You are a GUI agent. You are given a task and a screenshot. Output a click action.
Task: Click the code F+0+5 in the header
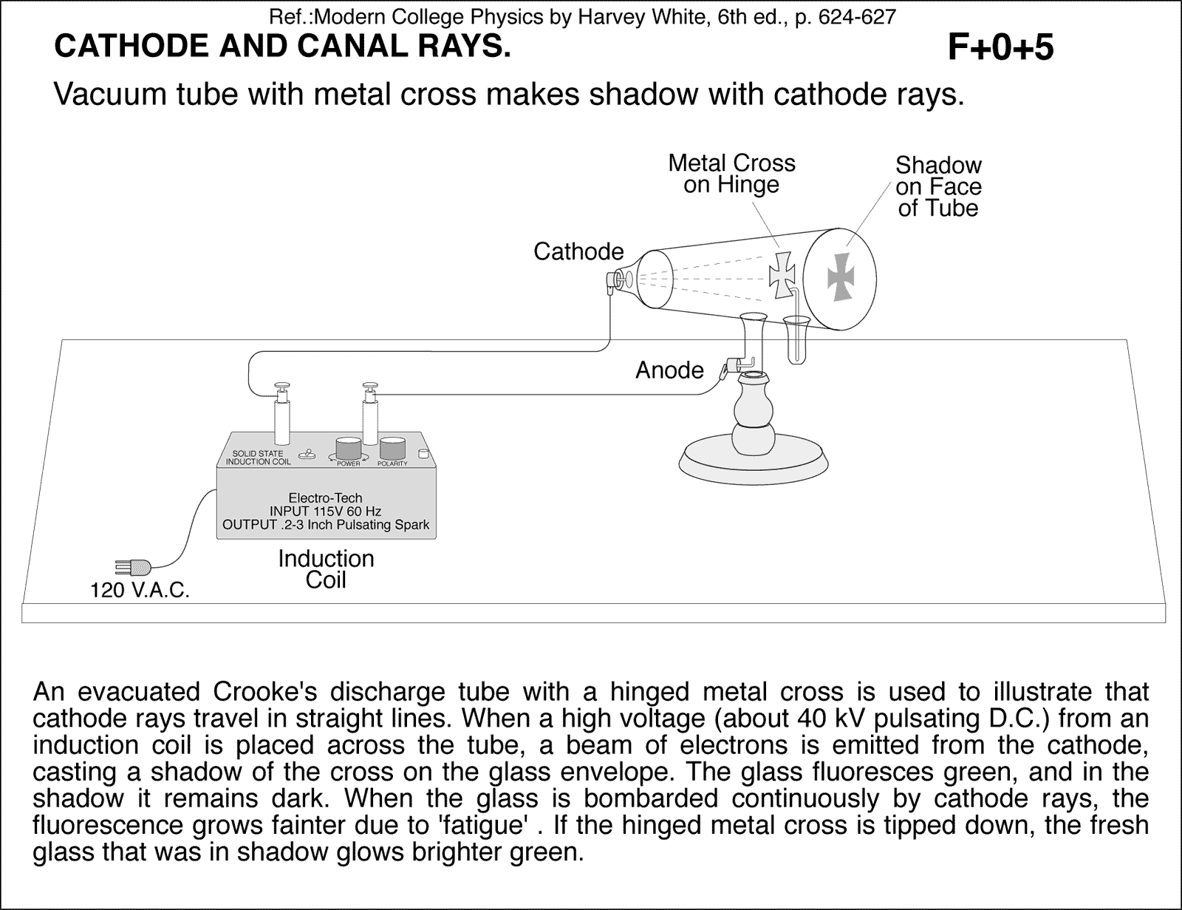(x=1000, y=48)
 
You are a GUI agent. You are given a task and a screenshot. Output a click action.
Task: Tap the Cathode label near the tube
(x=578, y=252)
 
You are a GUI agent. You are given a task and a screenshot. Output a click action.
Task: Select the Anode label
(x=669, y=370)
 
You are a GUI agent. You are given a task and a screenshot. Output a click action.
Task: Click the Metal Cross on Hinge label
(x=731, y=174)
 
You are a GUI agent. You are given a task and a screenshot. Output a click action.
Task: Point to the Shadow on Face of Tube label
(x=938, y=186)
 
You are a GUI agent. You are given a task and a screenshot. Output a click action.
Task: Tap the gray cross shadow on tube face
(x=840, y=276)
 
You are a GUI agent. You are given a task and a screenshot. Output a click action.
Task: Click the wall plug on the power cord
(x=134, y=568)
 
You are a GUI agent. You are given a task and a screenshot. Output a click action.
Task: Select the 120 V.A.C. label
(x=140, y=591)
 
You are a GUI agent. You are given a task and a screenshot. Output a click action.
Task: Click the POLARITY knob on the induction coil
(x=393, y=449)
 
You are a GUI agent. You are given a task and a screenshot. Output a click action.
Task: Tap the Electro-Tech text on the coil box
(x=325, y=498)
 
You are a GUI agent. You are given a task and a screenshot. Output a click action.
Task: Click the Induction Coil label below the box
(x=326, y=568)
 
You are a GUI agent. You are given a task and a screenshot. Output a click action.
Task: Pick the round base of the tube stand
(x=751, y=460)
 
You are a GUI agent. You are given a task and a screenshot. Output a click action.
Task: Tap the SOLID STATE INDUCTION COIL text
(x=258, y=458)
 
